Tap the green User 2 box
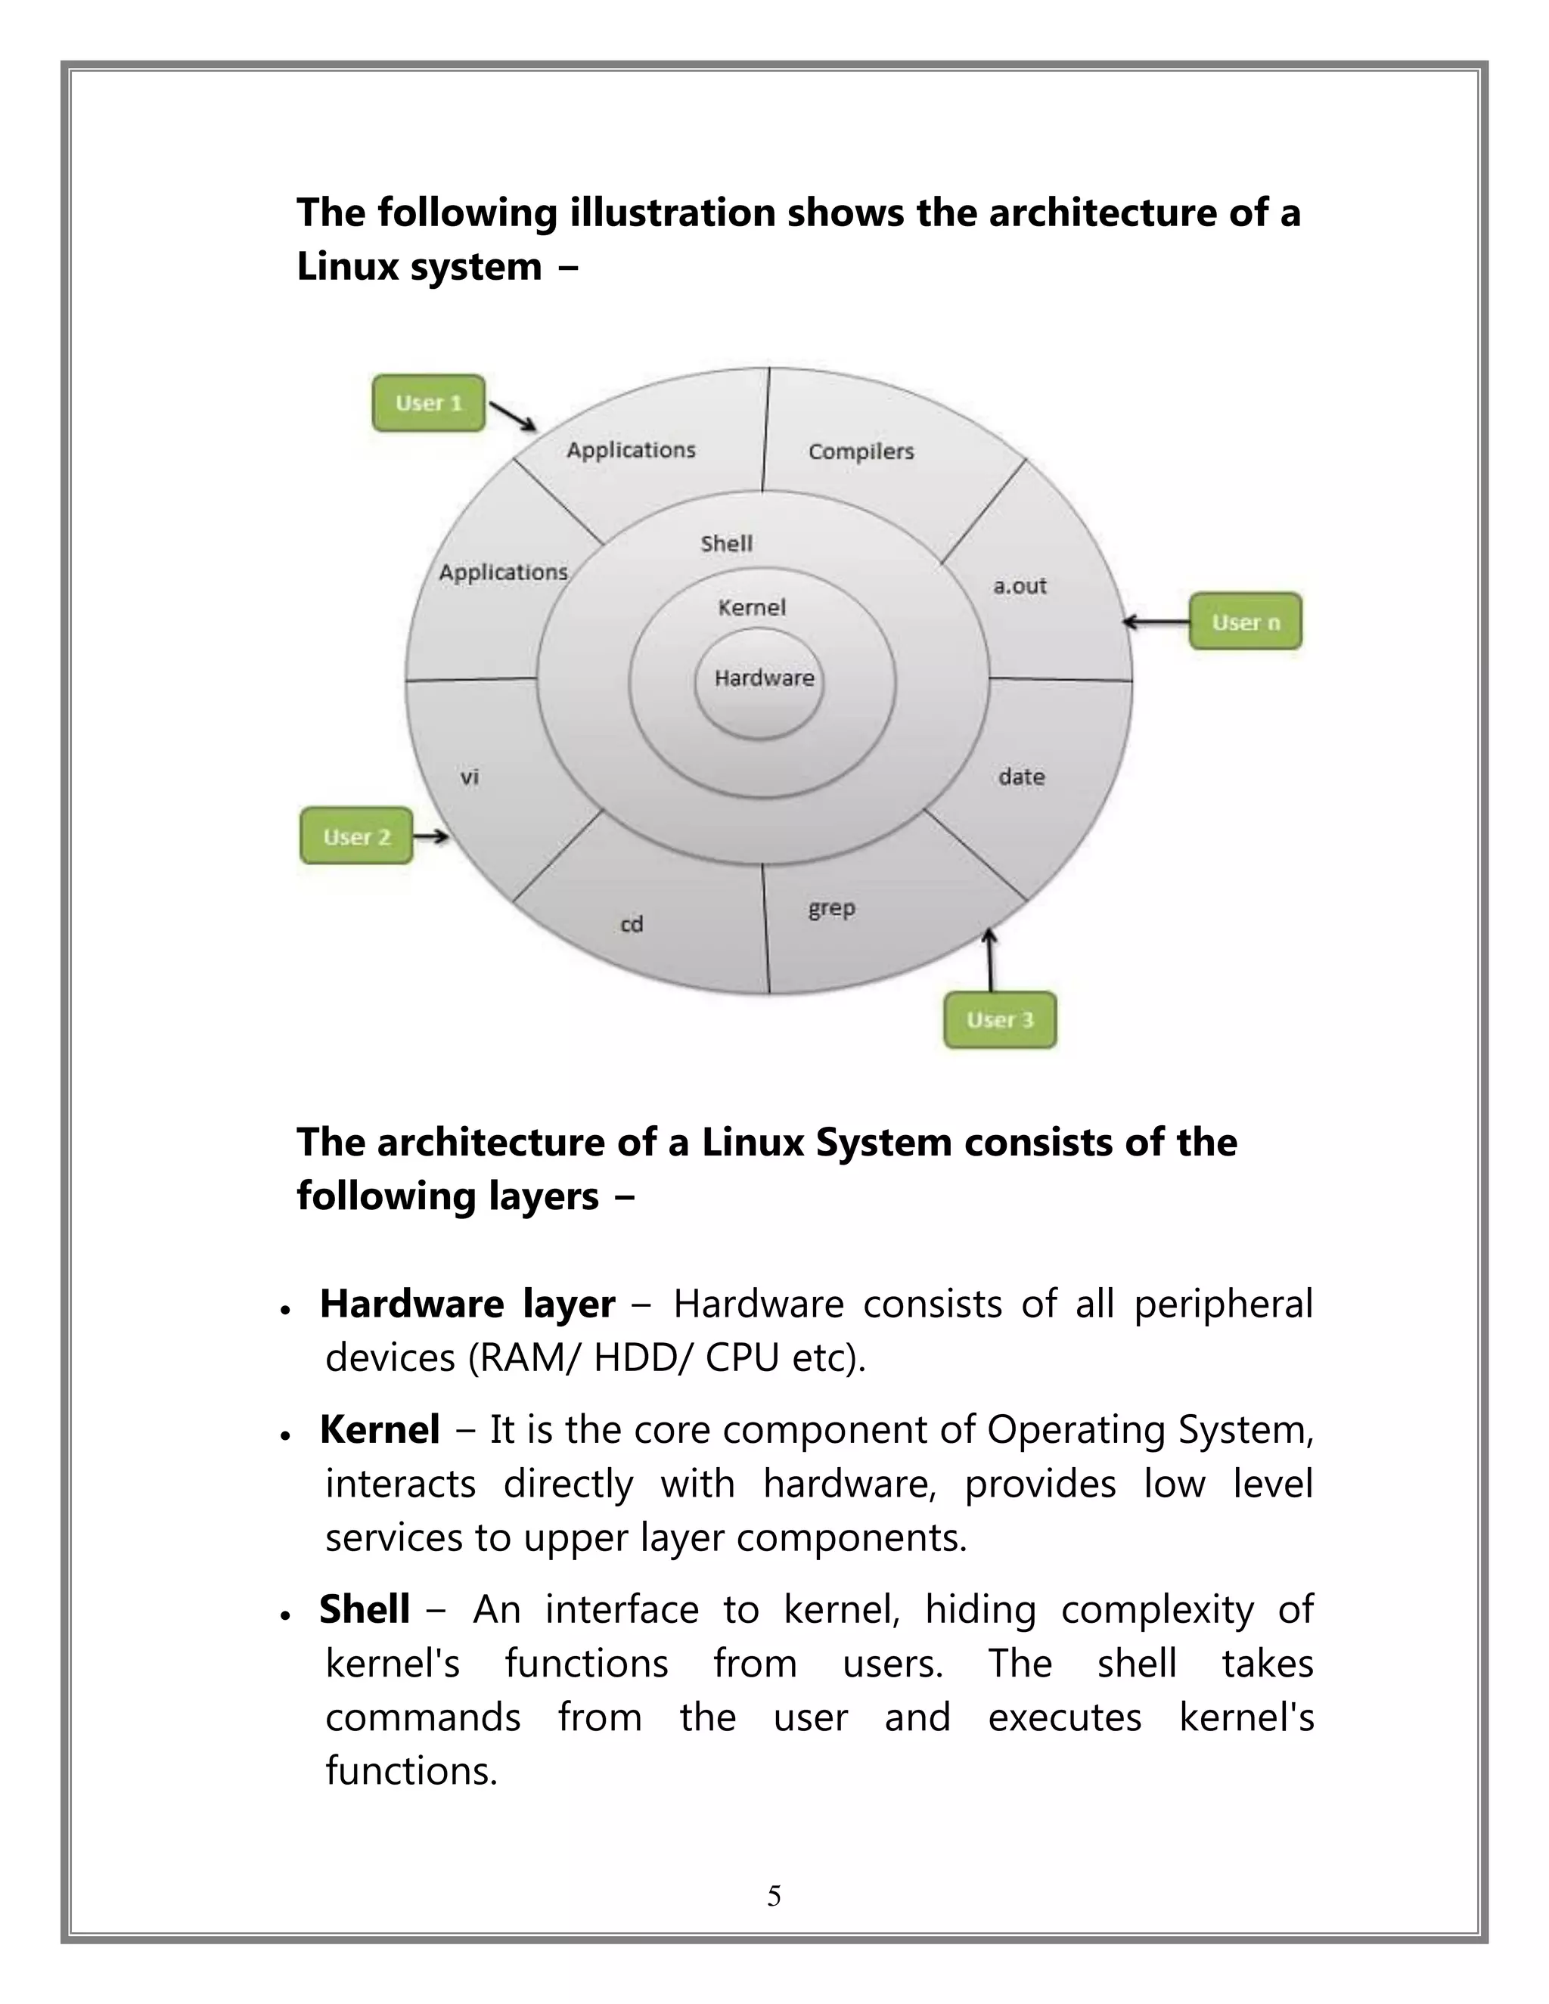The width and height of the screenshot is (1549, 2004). [x=356, y=836]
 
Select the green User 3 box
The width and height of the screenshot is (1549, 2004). [x=999, y=1019]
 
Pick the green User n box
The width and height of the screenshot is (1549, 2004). [x=1245, y=622]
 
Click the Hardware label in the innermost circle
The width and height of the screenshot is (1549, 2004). [x=763, y=678]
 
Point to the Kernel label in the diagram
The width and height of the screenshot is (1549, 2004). [x=752, y=607]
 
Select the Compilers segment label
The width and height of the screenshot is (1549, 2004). [x=861, y=451]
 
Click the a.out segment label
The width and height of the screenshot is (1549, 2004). [x=1020, y=585]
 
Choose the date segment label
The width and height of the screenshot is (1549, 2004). [x=1021, y=777]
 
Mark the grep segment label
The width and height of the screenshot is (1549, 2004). [x=831, y=908]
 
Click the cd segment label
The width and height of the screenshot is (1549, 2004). [x=632, y=924]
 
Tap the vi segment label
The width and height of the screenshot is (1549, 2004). [x=469, y=777]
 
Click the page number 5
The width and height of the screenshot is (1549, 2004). [x=774, y=1896]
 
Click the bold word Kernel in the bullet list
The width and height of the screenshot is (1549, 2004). [x=379, y=1429]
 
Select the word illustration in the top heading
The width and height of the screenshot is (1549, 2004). [x=672, y=213]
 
